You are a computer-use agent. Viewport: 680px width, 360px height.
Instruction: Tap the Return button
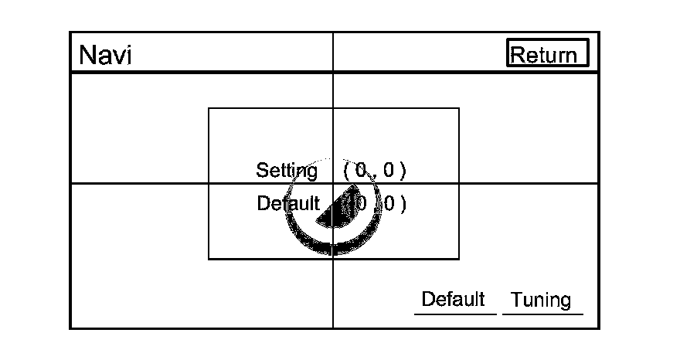tap(547, 54)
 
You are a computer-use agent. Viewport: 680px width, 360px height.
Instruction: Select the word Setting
tap(287, 170)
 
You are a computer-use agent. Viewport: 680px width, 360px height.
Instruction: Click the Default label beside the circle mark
tap(287, 204)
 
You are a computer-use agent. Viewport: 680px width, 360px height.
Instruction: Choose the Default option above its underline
tap(453, 299)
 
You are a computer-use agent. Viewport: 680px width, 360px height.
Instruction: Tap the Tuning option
tap(541, 300)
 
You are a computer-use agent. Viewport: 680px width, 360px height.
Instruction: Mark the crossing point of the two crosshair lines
tap(333, 184)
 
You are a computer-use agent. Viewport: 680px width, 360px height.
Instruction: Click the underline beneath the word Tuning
tap(542, 314)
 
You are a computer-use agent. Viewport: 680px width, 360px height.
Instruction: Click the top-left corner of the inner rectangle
tap(209, 109)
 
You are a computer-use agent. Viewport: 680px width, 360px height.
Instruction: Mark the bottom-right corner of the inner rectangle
tap(459, 259)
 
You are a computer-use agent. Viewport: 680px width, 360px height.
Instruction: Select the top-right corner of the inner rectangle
tap(459, 109)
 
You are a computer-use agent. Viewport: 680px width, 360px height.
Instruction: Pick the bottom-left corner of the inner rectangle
tap(209, 259)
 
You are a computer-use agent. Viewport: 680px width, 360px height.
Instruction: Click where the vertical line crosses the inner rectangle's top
tap(333, 109)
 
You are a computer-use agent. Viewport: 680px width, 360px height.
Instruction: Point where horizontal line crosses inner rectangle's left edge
tap(209, 184)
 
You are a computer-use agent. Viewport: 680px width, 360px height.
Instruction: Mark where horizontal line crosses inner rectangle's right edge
tap(459, 184)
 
